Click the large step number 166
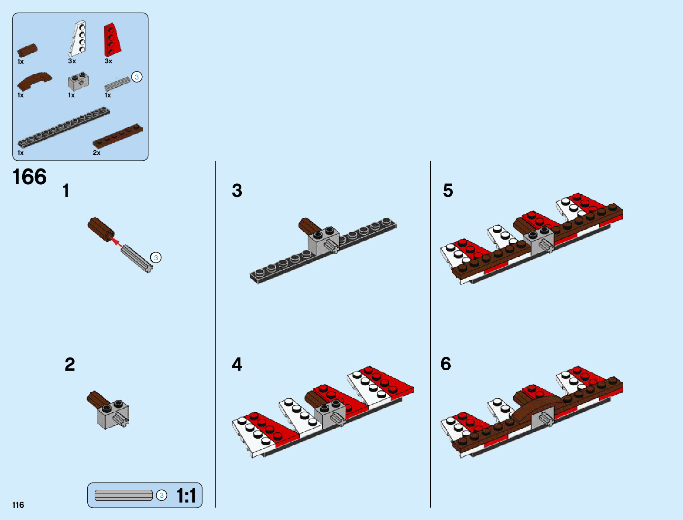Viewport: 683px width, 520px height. click(30, 177)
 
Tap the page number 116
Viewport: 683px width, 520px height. click(18, 505)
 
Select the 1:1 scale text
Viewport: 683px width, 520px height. click(186, 496)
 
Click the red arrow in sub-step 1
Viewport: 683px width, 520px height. click(117, 242)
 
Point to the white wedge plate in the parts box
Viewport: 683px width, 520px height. click(78, 38)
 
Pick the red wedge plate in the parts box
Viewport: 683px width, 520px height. click(112, 40)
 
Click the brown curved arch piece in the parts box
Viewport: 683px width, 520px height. click(34, 81)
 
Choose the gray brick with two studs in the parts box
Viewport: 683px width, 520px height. click(78, 81)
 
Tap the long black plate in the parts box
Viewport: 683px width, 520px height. click(64, 127)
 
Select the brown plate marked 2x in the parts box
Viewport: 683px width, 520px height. click(118, 136)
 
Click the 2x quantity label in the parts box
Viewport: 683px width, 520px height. click(96, 153)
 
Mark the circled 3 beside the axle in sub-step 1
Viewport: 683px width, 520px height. click(156, 258)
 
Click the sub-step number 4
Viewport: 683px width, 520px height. click(237, 364)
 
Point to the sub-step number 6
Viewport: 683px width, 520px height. click(446, 363)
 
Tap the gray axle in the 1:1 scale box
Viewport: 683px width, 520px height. click(124, 496)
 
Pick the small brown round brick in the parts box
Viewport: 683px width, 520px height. click(27, 50)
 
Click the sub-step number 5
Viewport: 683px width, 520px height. click(448, 190)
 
